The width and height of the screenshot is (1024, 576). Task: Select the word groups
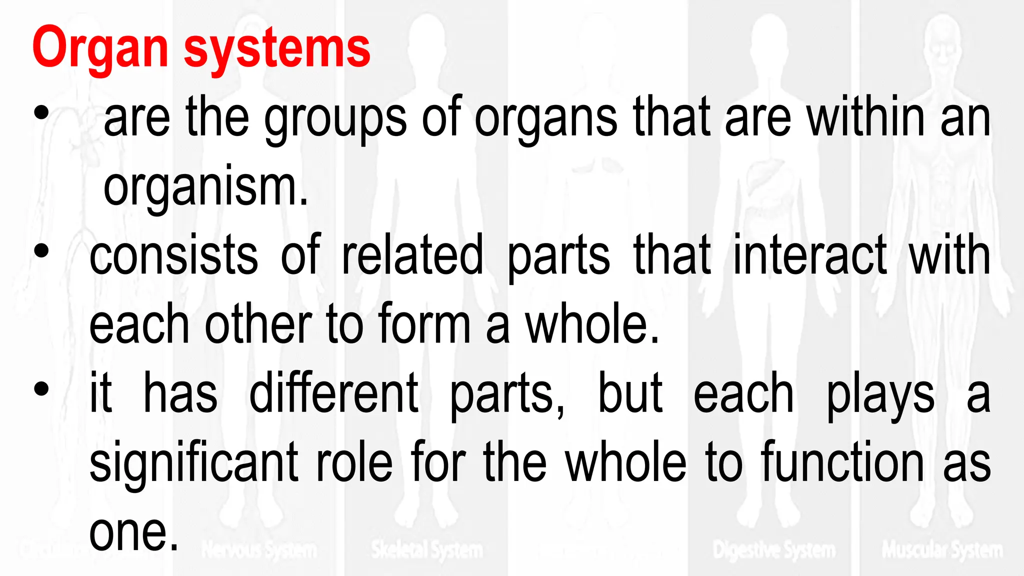coord(335,120)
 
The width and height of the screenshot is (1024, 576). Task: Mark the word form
coord(424,324)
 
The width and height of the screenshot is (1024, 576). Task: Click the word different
coord(333,393)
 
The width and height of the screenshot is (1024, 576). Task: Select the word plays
coord(880,395)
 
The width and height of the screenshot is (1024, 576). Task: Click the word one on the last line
coord(133,532)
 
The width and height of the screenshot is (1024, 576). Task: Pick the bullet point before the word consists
coord(41,250)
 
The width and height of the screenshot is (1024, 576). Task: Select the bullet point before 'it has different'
coord(41,388)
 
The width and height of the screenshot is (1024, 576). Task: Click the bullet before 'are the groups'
coord(41,113)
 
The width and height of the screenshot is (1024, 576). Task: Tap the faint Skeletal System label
coord(427,550)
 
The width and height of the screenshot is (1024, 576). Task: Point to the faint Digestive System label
coord(774,550)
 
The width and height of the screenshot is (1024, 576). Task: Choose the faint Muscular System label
coord(942,549)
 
